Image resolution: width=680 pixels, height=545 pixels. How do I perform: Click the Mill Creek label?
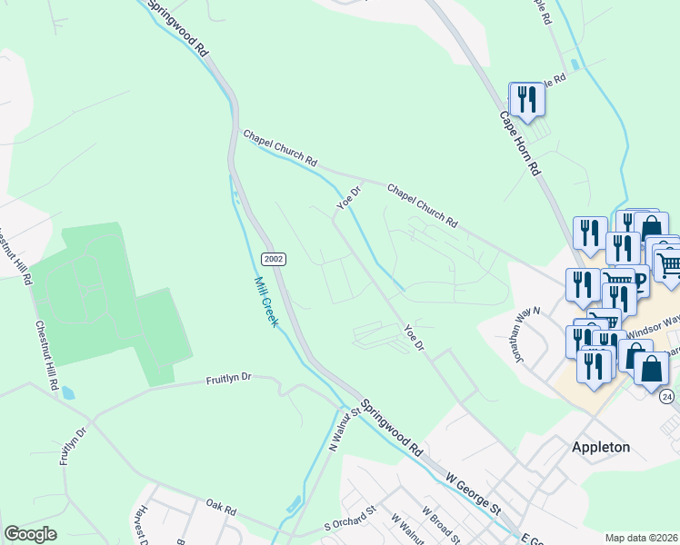click(x=265, y=302)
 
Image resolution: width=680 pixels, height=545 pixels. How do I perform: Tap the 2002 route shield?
click(x=275, y=259)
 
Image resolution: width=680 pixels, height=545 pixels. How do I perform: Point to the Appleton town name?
click(x=601, y=447)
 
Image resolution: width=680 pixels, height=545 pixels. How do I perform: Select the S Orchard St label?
click(x=350, y=520)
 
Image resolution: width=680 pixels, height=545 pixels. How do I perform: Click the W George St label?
click(x=473, y=492)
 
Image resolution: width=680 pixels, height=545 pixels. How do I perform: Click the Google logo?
click(x=30, y=534)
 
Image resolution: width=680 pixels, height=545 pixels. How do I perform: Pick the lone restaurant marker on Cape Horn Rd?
click(x=526, y=96)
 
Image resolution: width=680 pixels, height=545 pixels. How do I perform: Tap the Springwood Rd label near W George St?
click(x=392, y=427)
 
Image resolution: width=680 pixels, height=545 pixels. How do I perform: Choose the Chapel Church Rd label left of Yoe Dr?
click(x=279, y=148)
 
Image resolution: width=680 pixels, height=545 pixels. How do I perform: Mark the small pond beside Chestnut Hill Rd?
click(x=69, y=393)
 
